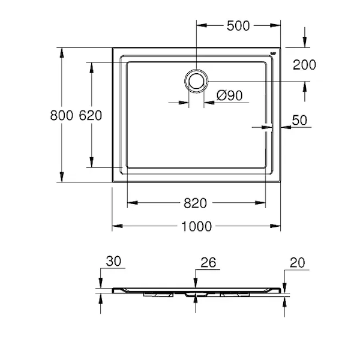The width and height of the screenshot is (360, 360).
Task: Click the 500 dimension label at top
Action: [238, 26]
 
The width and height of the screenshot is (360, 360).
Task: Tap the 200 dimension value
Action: [304, 65]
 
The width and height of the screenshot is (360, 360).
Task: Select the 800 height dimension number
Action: [62, 115]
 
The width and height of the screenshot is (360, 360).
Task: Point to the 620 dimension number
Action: [91, 115]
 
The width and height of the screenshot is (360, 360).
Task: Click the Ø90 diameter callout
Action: [229, 95]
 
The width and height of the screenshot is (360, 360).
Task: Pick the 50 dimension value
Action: [299, 120]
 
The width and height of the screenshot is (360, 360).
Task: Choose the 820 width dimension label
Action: [195, 203]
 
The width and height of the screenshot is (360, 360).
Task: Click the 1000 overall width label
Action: [197, 226]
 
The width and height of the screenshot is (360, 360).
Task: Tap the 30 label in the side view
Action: [113, 261]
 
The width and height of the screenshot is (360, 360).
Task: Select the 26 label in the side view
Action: [208, 262]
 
